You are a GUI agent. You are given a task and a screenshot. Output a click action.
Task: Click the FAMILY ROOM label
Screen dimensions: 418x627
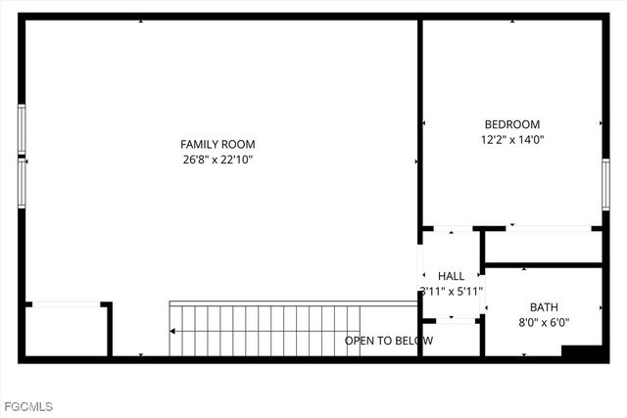tap(217, 144)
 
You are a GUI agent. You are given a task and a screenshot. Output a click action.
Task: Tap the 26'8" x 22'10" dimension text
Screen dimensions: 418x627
tap(217, 160)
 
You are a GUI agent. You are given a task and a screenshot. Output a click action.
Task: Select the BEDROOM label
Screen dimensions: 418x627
tap(512, 124)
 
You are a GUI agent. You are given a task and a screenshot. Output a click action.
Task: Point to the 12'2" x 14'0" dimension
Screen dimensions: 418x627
tap(512, 140)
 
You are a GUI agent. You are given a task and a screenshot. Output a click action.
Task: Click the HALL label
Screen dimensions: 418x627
tap(452, 276)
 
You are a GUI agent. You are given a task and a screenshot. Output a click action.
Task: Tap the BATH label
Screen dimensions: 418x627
tap(544, 306)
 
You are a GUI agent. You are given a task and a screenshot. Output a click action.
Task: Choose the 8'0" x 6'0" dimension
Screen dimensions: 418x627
tap(544, 322)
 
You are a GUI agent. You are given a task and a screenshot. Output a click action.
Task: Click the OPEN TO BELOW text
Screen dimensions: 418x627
tap(389, 341)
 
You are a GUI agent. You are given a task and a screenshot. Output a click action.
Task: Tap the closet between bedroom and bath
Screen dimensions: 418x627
tap(543, 248)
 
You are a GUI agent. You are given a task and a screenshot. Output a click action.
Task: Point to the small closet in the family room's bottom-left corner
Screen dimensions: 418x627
tap(65, 331)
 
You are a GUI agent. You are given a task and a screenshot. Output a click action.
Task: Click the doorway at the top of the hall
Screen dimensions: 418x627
tap(451, 231)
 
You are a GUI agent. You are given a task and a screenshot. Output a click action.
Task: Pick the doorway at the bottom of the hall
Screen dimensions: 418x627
tap(451, 320)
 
